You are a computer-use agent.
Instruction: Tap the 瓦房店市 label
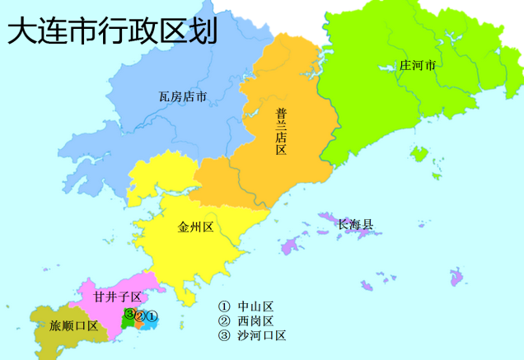point(182,96)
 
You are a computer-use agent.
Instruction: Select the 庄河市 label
point(418,65)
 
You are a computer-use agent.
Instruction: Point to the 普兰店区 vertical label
point(281,131)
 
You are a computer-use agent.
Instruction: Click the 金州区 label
point(195,227)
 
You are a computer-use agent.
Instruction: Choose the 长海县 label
point(355,224)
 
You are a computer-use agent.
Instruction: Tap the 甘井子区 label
point(118,297)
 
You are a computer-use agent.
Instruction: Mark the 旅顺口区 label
point(73,325)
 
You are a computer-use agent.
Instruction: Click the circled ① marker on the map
point(152,316)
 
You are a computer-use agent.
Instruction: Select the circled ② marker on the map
point(141,316)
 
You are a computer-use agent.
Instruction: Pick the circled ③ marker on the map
point(130,314)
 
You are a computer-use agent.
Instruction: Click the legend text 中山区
point(255,306)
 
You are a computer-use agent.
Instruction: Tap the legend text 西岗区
point(255,320)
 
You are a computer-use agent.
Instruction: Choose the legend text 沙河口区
point(262,335)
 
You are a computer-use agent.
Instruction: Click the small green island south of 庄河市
point(419,153)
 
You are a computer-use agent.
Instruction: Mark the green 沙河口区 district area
point(126,323)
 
